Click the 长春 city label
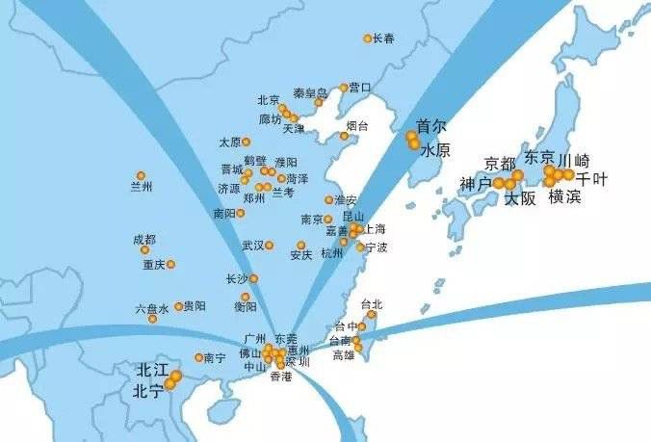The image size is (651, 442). pyautogui.click(x=384, y=39)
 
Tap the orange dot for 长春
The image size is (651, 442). pyautogui.click(x=368, y=39)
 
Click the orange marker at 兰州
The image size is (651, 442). pyautogui.click(x=141, y=175)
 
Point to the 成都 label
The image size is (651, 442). pyautogui.click(x=143, y=239)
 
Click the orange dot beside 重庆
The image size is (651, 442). pyautogui.click(x=170, y=264)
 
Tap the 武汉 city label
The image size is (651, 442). pyautogui.click(x=252, y=246)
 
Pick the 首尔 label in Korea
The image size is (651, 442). pyautogui.click(x=431, y=126)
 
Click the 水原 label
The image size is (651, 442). pyautogui.click(x=435, y=150)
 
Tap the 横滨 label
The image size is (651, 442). pyautogui.click(x=564, y=197)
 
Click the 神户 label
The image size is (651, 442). pyautogui.click(x=476, y=183)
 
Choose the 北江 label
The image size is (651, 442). pyautogui.click(x=151, y=370)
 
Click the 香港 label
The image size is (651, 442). pyautogui.click(x=280, y=377)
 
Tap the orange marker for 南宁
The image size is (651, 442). pyautogui.click(x=198, y=357)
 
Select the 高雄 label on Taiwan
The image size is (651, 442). pyautogui.click(x=344, y=355)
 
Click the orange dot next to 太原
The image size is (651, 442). pyautogui.click(x=247, y=142)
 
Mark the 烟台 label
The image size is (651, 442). pyautogui.click(x=357, y=126)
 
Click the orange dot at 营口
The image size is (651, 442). pyautogui.click(x=343, y=88)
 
